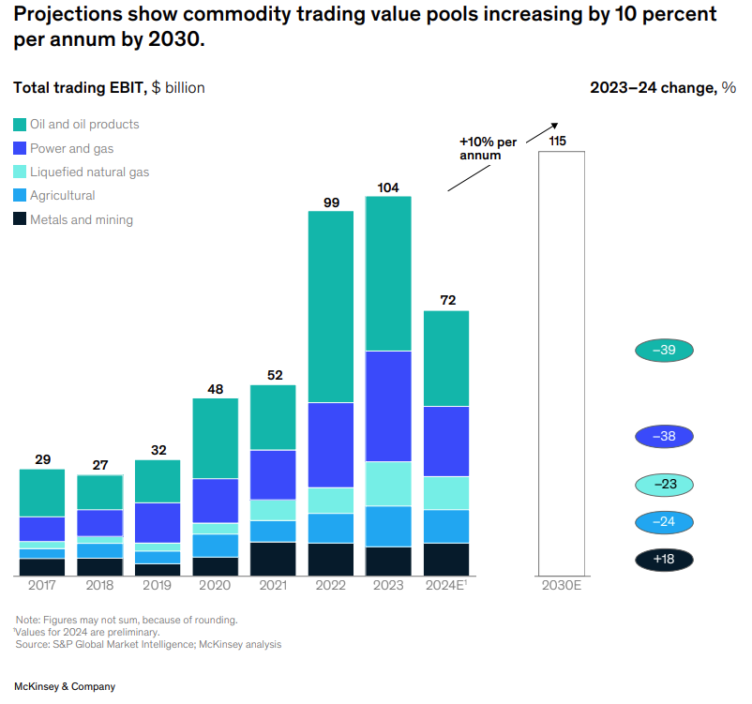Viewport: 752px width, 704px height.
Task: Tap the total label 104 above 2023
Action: [388, 187]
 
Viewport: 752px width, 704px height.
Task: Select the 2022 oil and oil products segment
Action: [331, 307]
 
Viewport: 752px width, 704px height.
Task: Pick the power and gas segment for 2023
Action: [388, 406]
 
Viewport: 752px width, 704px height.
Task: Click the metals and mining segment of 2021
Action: [273, 559]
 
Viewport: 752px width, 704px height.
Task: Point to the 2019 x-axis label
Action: [158, 586]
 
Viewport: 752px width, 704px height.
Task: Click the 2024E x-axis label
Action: [447, 586]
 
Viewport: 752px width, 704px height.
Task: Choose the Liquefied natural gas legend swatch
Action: [20, 172]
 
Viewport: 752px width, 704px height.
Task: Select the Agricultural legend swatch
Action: [20, 196]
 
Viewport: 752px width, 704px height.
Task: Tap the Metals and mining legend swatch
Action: [20, 219]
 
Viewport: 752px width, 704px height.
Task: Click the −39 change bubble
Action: [664, 351]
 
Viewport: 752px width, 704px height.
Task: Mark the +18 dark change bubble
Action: [664, 560]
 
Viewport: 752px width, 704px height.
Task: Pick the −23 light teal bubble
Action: [664, 485]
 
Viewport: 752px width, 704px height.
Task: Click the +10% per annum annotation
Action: [487, 148]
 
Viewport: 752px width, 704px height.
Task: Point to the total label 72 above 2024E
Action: [447, 301]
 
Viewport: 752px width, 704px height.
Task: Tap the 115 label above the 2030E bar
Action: [558, 141]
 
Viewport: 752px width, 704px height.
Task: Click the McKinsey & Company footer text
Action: [65, 686]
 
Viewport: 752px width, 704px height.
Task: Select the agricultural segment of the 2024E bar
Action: [446, 526]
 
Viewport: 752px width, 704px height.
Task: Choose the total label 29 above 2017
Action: [42, 459]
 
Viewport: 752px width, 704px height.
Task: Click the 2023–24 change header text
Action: [662, 88]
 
